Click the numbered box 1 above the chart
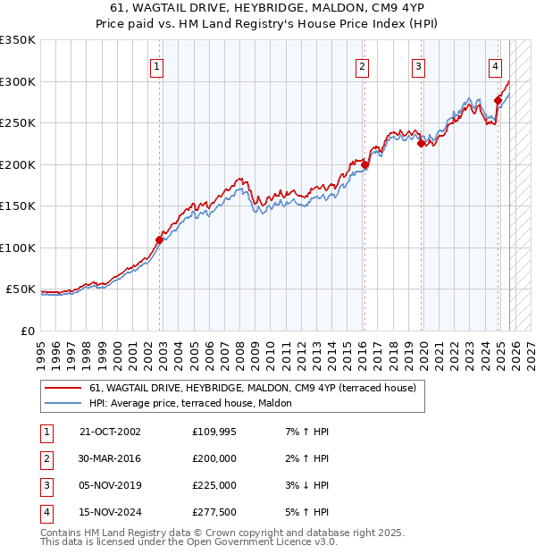tap(157, 65)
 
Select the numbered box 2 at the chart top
tap(362, 65)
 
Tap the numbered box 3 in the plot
tap(418, 65)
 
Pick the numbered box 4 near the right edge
tap(495, 65)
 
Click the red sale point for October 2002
tap(160, 239)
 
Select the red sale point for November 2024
tap(498, 100)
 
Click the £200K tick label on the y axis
tap(18, 164)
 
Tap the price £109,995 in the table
tap(214, 432)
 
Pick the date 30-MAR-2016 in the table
tap(110, 458)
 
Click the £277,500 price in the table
tap(214, 512)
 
